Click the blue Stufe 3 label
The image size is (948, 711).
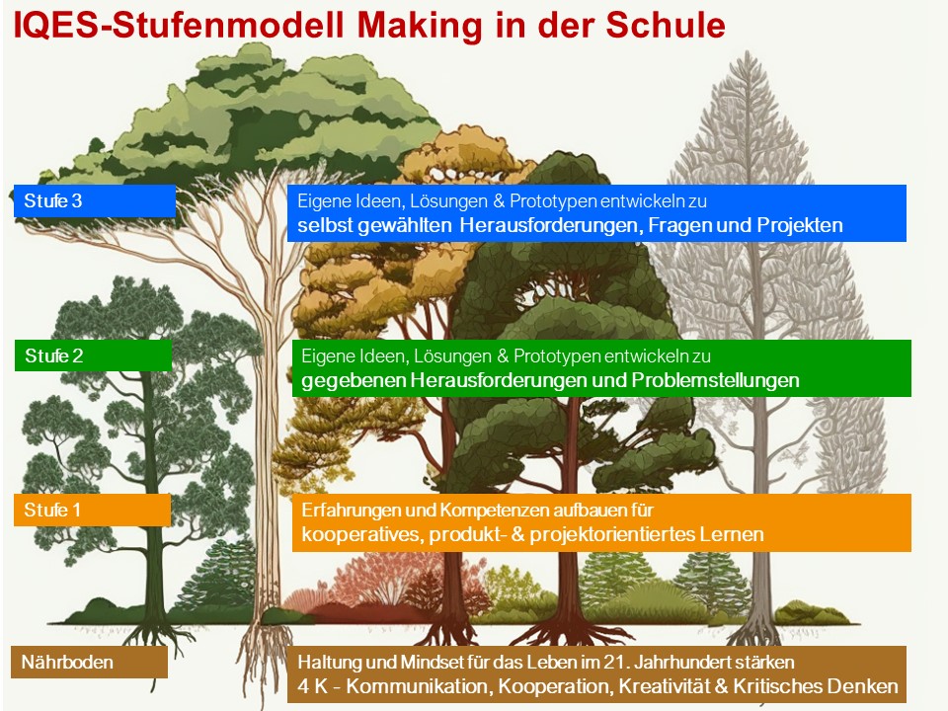click(x=95, y=200)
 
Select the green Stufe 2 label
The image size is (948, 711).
click(x=94, y=355)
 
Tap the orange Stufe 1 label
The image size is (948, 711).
click(x=93, y=510)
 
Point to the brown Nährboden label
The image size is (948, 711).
click(x=90, y=662)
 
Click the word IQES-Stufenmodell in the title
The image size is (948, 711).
click(x=179, y=26)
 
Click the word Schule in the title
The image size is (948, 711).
click(x=665, y=26)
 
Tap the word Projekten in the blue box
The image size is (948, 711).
click(x=800, y=225)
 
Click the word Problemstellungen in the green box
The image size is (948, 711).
click(x=715, y=380)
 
